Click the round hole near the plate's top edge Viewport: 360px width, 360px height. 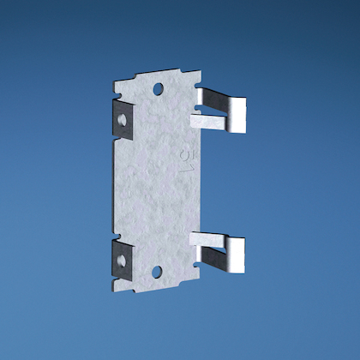click(x=158, y=88)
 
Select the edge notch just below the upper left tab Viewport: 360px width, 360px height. click(x=115, y=141)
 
